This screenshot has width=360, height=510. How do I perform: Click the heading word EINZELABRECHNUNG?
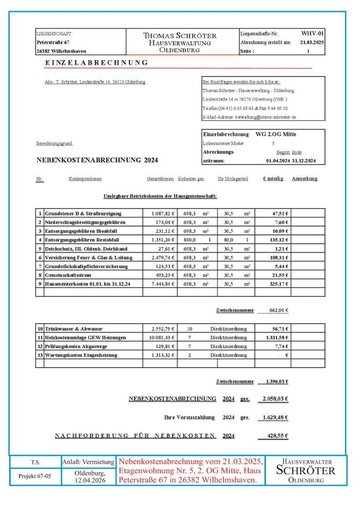click(x=96, y=63)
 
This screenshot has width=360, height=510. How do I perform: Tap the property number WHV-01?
click(x=312, y=33)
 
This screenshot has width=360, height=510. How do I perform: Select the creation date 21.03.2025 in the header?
click(x=312, y=42)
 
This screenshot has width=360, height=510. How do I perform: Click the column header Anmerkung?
click(x=304, y=178)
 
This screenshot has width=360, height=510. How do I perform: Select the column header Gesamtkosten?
click(x=161, y=179)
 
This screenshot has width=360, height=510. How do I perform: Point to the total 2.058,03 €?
click(x=275, y=398)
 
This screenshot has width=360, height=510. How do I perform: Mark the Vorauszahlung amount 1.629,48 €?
click(x=275, y=418)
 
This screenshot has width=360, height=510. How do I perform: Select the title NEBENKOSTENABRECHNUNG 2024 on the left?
click(x=97, y=159)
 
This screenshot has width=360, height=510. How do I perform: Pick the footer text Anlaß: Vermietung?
click(x=88, y=462)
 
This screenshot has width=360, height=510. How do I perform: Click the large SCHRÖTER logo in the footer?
click(x=306, y=471)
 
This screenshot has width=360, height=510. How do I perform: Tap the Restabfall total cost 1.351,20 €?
click(x=162, y=240)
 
